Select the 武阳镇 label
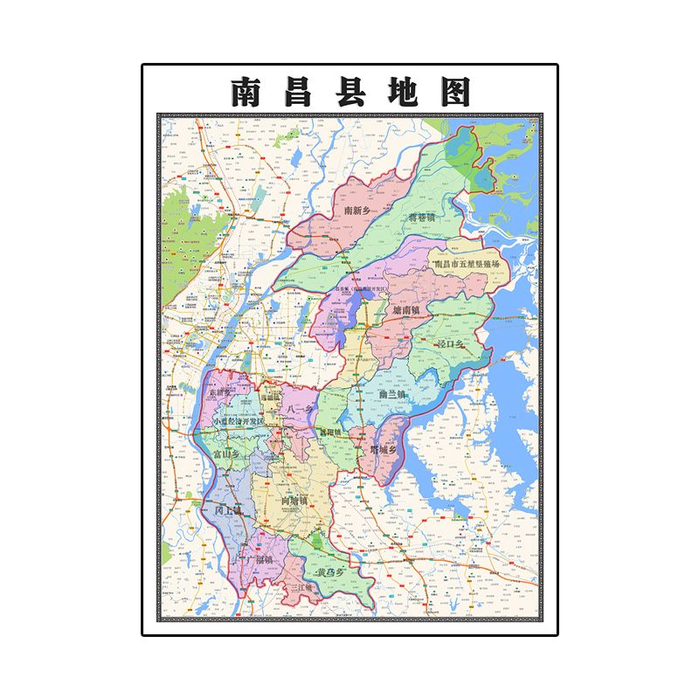click(331, 432)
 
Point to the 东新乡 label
click(222, 393)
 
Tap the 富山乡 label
click(226, 454)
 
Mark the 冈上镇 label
click(227, 509)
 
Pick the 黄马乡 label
click(333, 573)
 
